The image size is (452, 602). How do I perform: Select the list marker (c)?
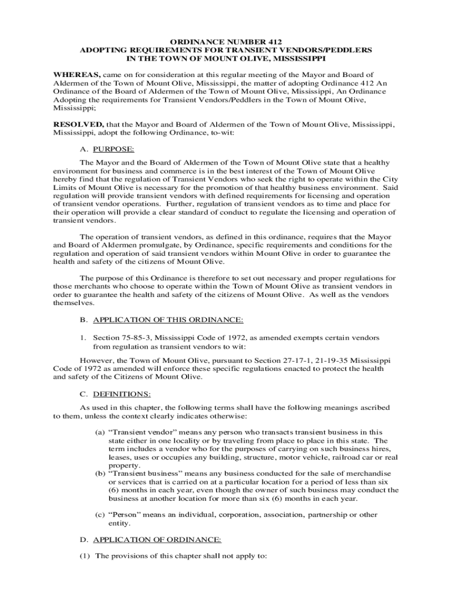(x=100, y=515)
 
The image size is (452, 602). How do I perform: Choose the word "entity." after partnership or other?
(x=120, y=523)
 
